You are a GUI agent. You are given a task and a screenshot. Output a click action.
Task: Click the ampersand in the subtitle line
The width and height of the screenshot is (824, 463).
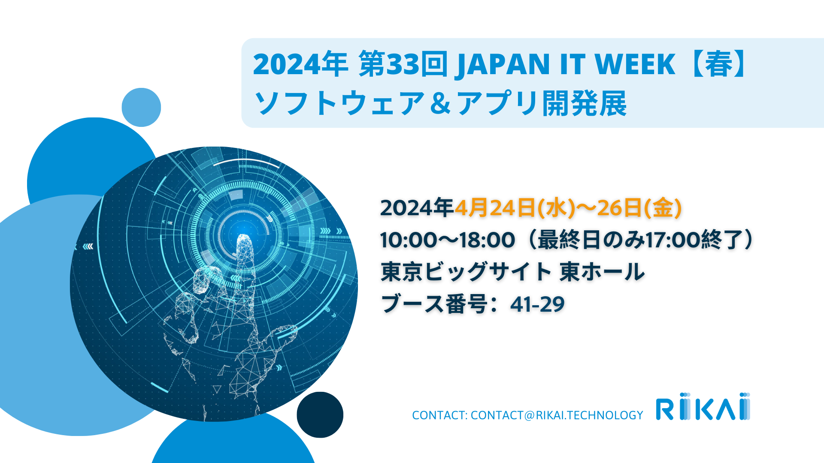440,103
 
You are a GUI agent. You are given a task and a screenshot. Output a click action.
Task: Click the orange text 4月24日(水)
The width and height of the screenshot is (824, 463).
515,208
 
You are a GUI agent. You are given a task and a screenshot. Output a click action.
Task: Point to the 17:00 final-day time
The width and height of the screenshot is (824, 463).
673,240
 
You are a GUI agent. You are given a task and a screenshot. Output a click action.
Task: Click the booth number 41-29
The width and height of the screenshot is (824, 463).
537,304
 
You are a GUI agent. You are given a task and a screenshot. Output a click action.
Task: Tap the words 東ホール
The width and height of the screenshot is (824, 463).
602,272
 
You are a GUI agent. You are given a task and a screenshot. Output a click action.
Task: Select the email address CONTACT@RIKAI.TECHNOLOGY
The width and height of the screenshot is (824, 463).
557,415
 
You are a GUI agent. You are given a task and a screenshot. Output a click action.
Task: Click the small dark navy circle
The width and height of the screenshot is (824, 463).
320,415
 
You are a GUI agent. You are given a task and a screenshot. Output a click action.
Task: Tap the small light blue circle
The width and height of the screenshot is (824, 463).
141,107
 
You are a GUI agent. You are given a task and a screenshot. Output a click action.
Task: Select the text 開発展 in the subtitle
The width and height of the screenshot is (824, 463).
585,103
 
